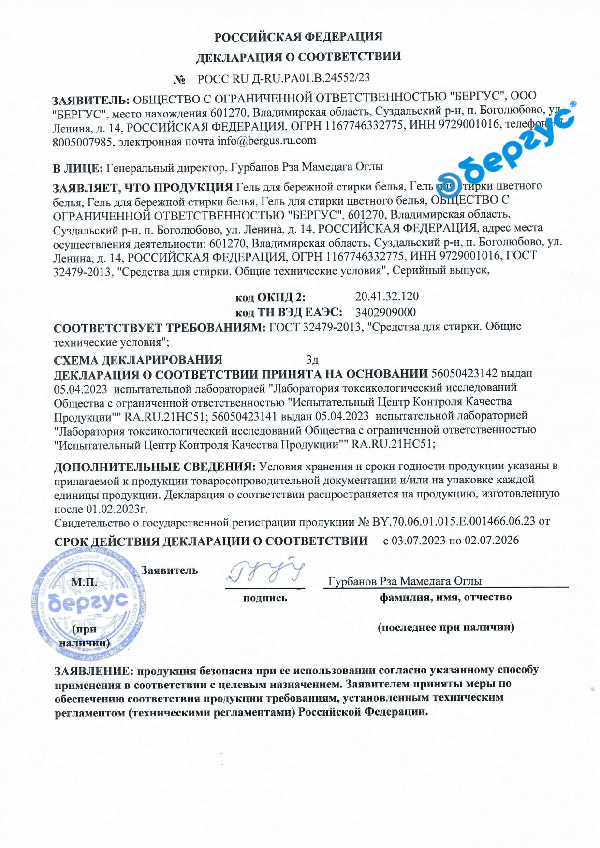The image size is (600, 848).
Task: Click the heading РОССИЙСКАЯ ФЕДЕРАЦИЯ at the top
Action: pyautogui.click(x=298, y=37)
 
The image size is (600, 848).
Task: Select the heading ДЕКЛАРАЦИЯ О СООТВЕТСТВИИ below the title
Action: pyautogui.click(x=298, y=57)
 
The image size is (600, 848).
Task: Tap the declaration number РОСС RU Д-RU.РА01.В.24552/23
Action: pyautogui.click(x=283, y=78)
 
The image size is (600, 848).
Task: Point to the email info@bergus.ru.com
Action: pyautogui.click(x=266, y=141)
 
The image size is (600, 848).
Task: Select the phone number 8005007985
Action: pyautogui.click(x=83, y=142)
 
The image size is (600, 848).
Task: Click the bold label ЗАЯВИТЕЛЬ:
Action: pyautogui.click(x=91, y=101)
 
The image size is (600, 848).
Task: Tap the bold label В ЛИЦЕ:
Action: pyautogui.click(x=78, y=168)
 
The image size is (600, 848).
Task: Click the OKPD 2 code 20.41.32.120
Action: pyautogui.click(x=387, y=296)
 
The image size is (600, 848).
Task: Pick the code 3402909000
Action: pyautogui.click(x=385, y=312)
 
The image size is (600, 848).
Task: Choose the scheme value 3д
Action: pyautogui.click(x=312, y=360)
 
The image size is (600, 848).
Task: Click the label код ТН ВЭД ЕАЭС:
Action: pyautogui.click(x=289, y=312)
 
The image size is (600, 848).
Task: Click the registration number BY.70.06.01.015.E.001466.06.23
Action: pyautogui.click(x=454, y=521)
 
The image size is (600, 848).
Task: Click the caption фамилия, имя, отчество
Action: pyautogui.click(x=445, y=598)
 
